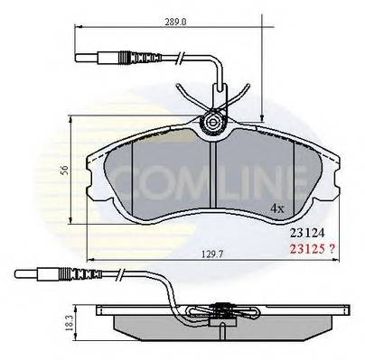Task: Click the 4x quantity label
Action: pos(277,209)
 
